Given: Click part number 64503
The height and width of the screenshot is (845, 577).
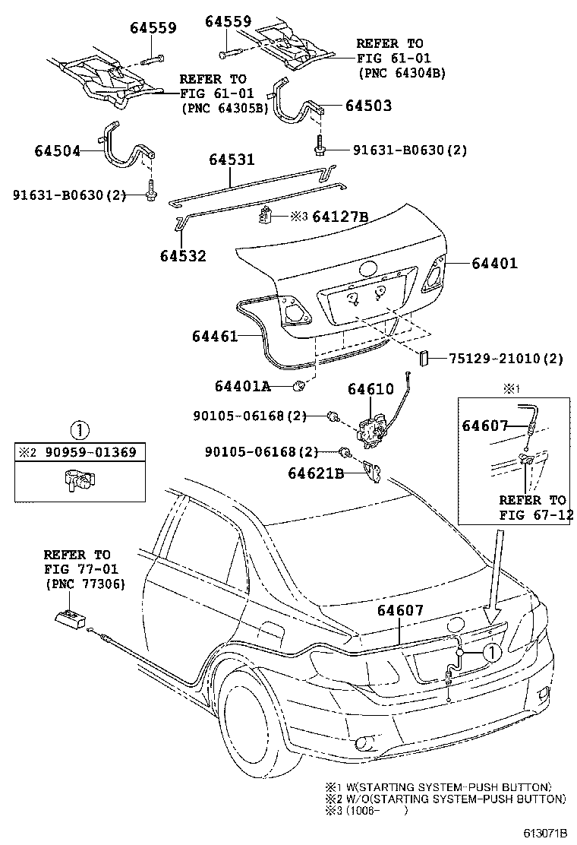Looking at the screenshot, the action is (368, 106).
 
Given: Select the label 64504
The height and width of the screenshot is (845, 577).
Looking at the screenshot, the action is (58, 151).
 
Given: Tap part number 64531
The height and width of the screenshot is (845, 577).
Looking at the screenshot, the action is (232, 160).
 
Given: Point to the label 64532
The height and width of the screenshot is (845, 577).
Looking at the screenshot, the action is (183, 255).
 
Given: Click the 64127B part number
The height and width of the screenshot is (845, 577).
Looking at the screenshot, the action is (340, 217).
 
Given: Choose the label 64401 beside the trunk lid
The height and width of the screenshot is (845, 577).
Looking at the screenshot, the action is (495, 264).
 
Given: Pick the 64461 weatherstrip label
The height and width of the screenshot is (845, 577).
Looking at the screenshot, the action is (215, 337).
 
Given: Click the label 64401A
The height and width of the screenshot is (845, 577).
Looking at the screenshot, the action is (242, 386).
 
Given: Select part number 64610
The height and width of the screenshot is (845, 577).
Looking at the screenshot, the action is (370, 388).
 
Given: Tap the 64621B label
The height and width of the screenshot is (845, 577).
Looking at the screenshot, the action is (316, 473).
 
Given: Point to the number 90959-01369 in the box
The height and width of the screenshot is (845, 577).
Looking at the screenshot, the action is (90, 452).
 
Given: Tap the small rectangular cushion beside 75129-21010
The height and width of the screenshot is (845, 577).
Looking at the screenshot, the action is (423, 358).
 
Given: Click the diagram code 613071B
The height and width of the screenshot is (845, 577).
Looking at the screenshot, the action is (544, 833).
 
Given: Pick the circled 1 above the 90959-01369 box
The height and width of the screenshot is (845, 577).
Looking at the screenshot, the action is (80, 431).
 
